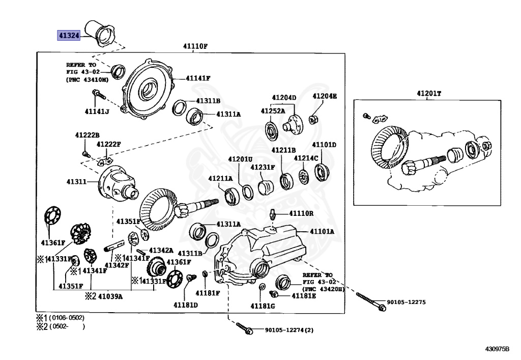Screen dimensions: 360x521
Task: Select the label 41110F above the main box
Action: (x=195, y=46)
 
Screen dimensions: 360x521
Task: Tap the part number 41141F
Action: (x=198, y=78)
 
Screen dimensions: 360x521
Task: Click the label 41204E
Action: (x=324, y=96)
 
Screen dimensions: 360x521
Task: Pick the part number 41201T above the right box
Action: (x=429, y=93)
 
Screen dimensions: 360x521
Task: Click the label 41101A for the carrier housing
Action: (x=323, y=231)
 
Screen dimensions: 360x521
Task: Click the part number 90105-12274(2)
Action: (x=289, y=330)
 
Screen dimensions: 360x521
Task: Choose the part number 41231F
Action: (x=262, y=167)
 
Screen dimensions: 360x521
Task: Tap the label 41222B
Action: (x=87, y=135)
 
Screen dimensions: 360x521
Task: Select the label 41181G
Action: (x=263, y=306)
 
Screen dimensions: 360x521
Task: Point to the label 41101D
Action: (x=324, y=145)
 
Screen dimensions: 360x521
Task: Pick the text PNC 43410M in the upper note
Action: (x=87, y=80)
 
